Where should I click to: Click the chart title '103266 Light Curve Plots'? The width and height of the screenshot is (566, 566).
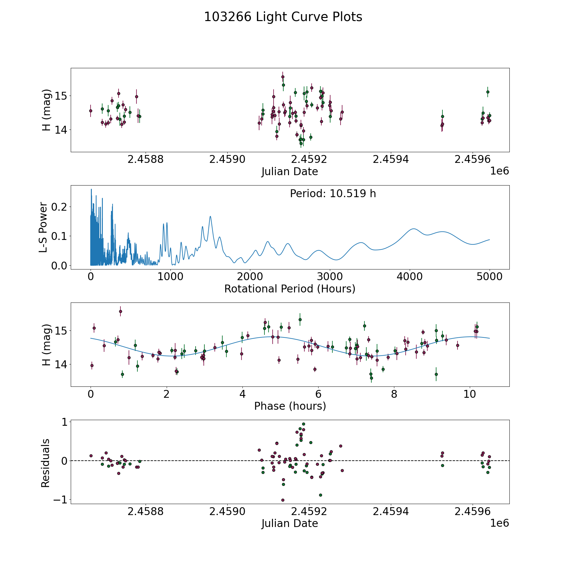pos(283,17)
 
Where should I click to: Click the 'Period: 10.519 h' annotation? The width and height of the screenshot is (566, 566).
pos(333,194)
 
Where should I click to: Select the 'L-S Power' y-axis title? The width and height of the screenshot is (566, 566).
pos(44,227)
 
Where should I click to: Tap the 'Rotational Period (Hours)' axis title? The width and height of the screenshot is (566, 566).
pos(290,289)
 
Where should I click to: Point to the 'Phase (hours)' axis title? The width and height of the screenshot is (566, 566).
pos(290,406)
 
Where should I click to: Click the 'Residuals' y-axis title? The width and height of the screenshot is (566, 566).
pos(46,463)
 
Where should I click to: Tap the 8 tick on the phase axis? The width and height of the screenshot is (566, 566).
pos(394,394)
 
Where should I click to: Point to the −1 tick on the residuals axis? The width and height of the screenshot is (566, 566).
pos(60,500)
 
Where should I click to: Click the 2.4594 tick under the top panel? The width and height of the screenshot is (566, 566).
pos(391,159)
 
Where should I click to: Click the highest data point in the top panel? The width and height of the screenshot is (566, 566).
pos(283,77)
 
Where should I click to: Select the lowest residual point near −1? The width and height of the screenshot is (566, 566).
pos(283,500)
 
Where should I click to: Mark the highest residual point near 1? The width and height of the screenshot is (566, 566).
pos(303,424)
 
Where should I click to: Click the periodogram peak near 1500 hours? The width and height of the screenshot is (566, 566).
pos(210,216)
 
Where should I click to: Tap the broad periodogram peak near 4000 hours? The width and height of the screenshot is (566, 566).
pos(413,229)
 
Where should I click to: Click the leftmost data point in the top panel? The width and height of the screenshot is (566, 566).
pos(91,111)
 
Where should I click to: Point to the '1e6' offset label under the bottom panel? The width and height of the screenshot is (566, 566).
pos(500,523)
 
